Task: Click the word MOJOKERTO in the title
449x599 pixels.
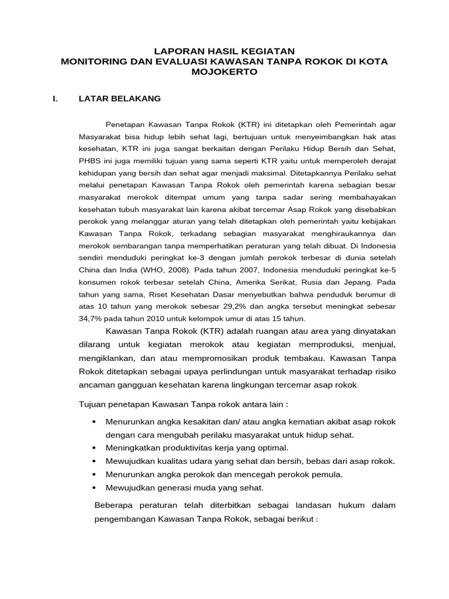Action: coord(224,72)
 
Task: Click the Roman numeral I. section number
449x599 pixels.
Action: coord(55,99)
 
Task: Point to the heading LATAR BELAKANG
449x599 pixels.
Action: coord(119,99)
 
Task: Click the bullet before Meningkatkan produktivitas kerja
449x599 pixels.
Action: coord(94,448)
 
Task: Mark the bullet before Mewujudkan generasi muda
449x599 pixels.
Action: coord(94,487)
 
